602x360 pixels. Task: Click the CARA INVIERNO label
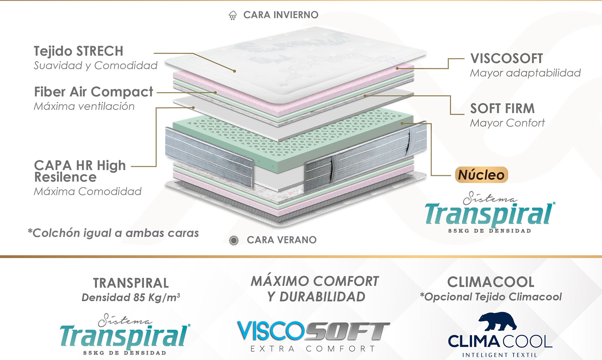pos(281,15)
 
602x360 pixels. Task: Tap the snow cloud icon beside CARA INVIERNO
pos(233,15)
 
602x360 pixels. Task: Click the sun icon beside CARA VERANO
pos(234,240)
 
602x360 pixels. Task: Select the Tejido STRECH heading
pos(79,51)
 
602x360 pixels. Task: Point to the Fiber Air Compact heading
pos(94,92)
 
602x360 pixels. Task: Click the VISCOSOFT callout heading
pos(507,59)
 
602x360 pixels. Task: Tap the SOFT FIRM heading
pos(502,108)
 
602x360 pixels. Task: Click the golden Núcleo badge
pos(481,175)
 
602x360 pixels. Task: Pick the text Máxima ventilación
pos(84,107)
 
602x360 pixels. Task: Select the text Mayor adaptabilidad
pos(525,73)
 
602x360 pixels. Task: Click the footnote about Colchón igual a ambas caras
pos(113,233)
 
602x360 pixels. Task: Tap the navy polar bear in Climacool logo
pos(497,322)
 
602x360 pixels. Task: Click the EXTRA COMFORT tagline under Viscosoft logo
pos(313,349)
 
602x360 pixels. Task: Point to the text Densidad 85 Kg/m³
pos(131,298)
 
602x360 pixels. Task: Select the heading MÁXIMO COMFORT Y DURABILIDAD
pos(315,289)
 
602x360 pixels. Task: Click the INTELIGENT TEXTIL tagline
pos(500,355)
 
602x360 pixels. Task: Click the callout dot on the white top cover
pos(235,71)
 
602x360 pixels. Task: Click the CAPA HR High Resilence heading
pos(80,171)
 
